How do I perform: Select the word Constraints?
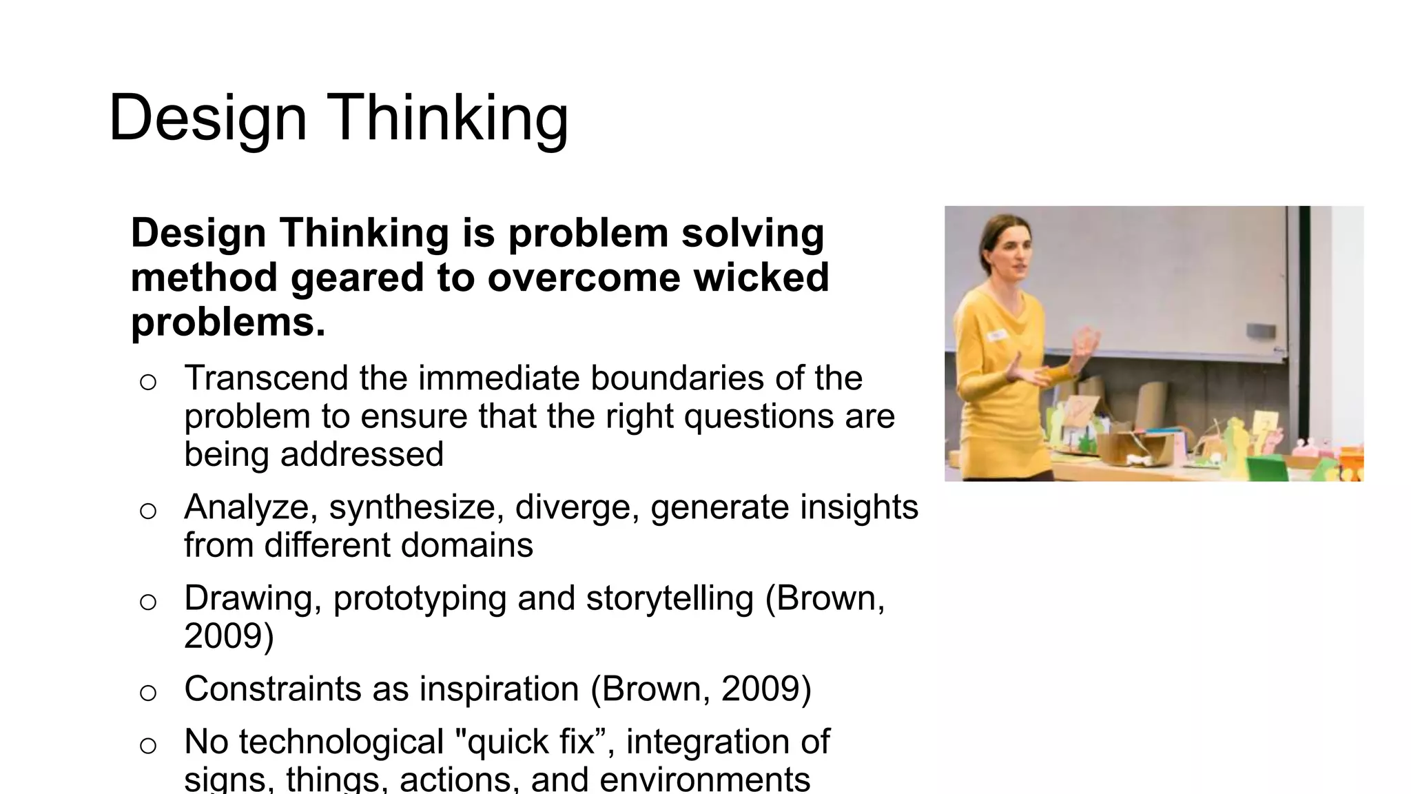[x=272, y=689]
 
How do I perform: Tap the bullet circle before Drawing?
[x=148, y=602]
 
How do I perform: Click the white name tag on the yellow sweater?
[x=996, y=335]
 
